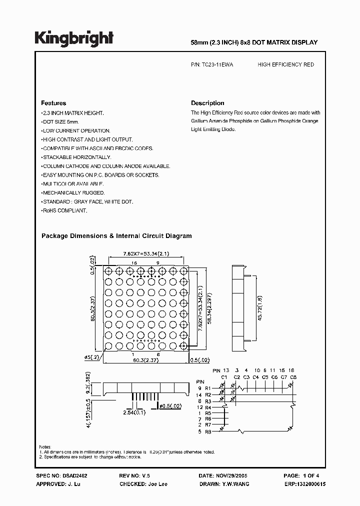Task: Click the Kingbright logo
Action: [73, 38]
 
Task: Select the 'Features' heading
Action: [53, 103]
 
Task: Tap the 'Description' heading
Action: [207, 103]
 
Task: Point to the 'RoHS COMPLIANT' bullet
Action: [65, 211]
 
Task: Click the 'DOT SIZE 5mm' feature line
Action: [61, 122]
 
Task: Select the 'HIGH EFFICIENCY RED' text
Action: [285, 65]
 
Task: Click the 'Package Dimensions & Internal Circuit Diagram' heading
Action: [116, 236]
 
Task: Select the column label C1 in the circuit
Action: [224, 377]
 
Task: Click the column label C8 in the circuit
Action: [293, 377]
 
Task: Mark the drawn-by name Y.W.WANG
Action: [235, 484]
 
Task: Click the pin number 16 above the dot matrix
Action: [134, 263]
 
